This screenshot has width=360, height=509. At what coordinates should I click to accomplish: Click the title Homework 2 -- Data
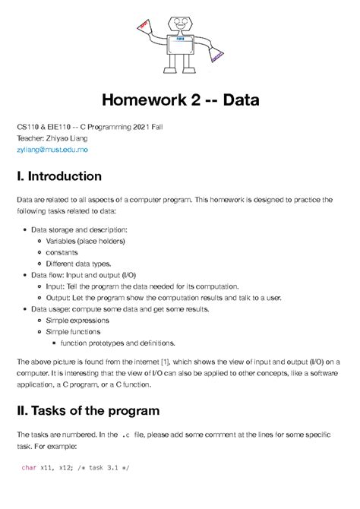tap(180, 100)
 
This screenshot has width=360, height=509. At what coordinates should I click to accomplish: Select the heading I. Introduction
tap(59, 176)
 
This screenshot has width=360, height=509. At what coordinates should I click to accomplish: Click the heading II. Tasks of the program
tap(88, 410)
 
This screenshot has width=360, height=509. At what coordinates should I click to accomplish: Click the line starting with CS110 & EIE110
tap(90, 126)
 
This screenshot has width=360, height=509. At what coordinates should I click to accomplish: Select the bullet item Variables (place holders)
tap(85, 241)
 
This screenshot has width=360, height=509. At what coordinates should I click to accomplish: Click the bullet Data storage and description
tap(79, 229)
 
